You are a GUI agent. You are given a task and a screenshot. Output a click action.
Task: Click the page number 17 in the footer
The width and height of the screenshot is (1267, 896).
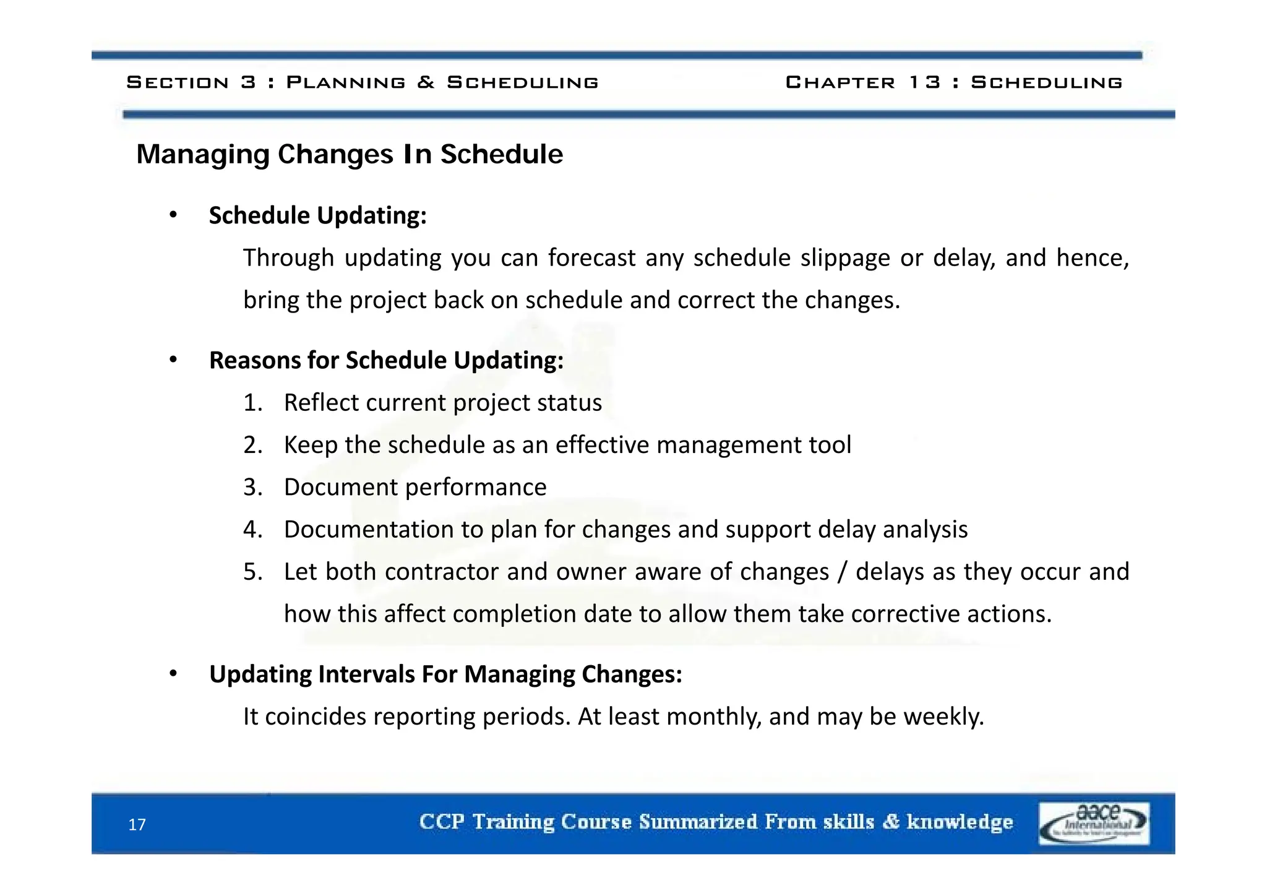pos(137,825)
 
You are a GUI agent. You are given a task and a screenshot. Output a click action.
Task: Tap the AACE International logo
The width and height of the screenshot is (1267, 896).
pos(1094,824)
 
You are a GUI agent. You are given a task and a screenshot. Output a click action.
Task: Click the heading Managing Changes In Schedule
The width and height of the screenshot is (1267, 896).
pos(350,155)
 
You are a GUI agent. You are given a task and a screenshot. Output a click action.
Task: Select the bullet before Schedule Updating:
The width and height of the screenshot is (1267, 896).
pos(173,215)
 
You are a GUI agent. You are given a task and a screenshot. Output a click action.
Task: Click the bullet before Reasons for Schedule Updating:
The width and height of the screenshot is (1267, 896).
pos(173,360)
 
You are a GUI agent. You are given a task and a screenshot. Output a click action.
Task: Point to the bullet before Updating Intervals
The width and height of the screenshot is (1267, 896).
pos(173,674)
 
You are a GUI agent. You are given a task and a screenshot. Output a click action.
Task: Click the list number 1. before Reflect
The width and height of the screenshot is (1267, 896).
pos(252,403)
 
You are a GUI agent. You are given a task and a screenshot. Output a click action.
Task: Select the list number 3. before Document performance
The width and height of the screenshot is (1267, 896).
pos(252,488)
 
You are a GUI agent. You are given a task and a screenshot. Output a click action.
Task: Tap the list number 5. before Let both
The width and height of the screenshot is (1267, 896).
pos(252,572)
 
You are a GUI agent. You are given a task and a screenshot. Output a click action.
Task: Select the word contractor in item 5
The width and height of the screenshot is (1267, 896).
pos(442,572)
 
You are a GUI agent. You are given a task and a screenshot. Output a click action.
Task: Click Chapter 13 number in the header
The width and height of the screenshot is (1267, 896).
pos(925,82)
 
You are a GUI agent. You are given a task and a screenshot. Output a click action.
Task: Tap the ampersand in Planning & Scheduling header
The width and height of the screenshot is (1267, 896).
pos(426,82)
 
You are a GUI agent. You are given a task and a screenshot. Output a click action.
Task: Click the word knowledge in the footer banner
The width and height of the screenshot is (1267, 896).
pos(960,822)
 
